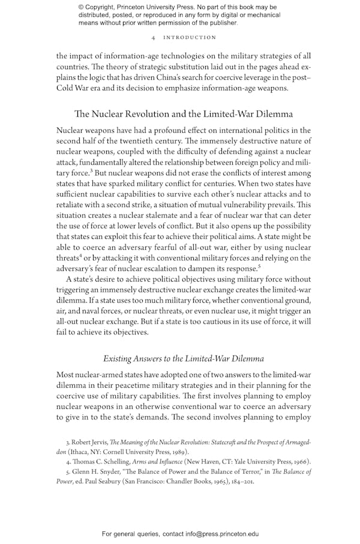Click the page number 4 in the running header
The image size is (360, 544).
click(155, 37)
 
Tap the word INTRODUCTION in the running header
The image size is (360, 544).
click(189, 37)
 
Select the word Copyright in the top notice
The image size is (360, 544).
click(104, 7)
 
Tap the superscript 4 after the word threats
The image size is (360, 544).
click(81, 256)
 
